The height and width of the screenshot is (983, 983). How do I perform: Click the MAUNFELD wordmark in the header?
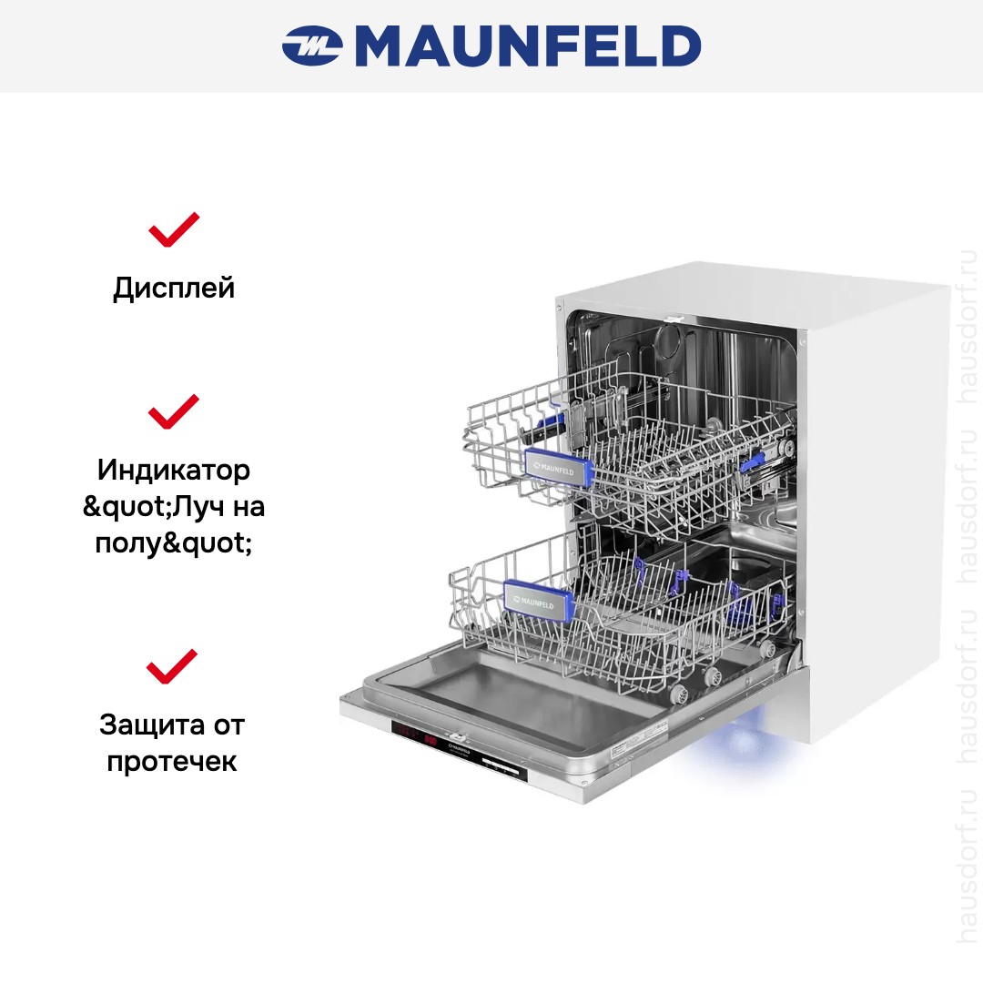click(x=528, y=46)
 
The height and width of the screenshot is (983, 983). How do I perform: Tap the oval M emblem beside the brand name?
click(x=312, y=46)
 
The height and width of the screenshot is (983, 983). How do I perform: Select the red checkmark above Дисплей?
click(x=174, y=229)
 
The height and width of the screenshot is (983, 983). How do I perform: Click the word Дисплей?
click(x=174, y=289)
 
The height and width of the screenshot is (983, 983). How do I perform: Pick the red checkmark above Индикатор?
click(x=174, y=411)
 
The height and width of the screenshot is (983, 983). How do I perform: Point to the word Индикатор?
click(x=174, y=470)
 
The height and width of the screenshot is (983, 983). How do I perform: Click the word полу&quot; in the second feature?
click(x=174, y=542)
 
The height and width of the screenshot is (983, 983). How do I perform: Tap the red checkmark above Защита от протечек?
click(x=172, y=666)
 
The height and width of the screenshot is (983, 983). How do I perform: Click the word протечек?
click(x=172, y=762)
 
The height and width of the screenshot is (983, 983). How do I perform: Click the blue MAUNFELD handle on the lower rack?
click(x=538, y=601)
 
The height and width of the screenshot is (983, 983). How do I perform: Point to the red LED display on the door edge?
click(x=414, y=735)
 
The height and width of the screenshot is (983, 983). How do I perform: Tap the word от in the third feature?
click(x=228, y=726)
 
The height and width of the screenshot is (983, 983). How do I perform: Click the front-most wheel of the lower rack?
click(x=678, y=694)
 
